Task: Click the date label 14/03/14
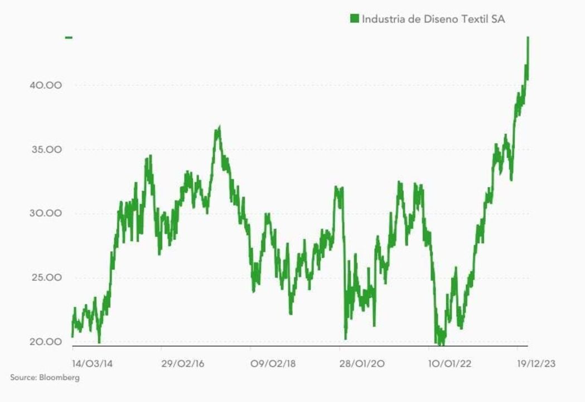92,364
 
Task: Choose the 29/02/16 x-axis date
182,364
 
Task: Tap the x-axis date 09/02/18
273,364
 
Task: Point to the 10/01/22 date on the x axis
449,364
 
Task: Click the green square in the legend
354,19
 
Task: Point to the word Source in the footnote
23,377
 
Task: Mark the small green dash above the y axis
69,37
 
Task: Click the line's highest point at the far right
528,37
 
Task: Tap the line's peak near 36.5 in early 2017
219,128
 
